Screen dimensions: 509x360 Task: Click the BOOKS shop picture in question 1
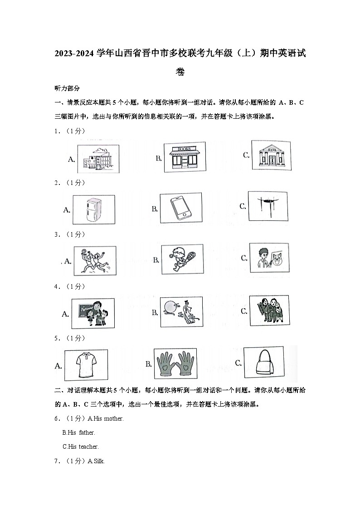(x=185, y=157)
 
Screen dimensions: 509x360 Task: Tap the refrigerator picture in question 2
(x=93, y=209)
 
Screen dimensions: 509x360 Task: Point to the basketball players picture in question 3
(x=93, y=261)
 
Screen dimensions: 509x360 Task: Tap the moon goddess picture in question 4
(x=181, y=312)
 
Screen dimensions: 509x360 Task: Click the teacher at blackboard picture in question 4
(x=92, y=313)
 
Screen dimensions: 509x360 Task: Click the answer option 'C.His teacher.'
(x=80, y=446)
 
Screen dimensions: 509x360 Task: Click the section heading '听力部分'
(x=67, y=88)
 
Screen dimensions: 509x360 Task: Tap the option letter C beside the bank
(x=246, y=155)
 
